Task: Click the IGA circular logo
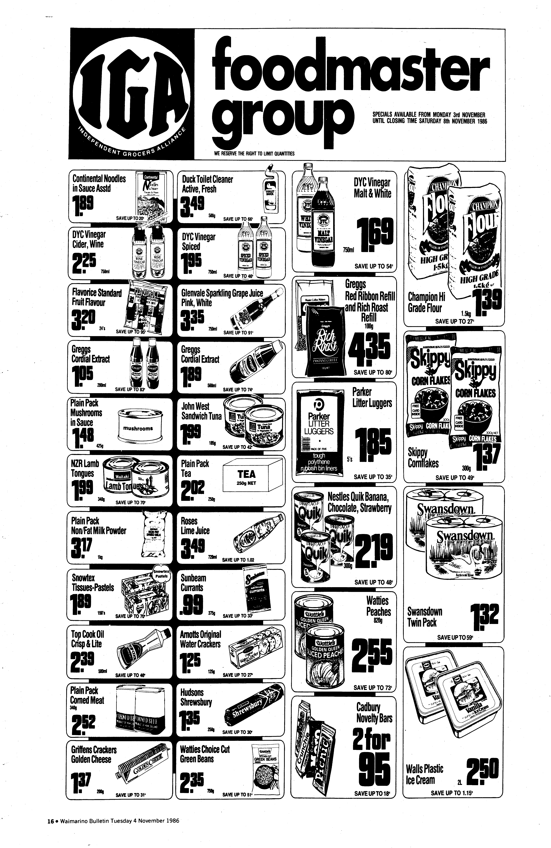point(131,95)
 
